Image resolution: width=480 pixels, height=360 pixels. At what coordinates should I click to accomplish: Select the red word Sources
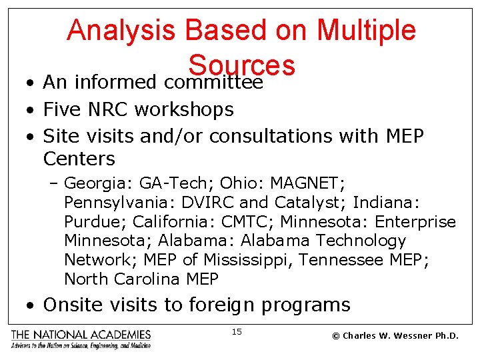tap(241, 65)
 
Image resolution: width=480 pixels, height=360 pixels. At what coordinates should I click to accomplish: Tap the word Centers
tap(79, 159)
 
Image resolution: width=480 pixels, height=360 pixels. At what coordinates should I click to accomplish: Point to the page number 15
tap(237, 331)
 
